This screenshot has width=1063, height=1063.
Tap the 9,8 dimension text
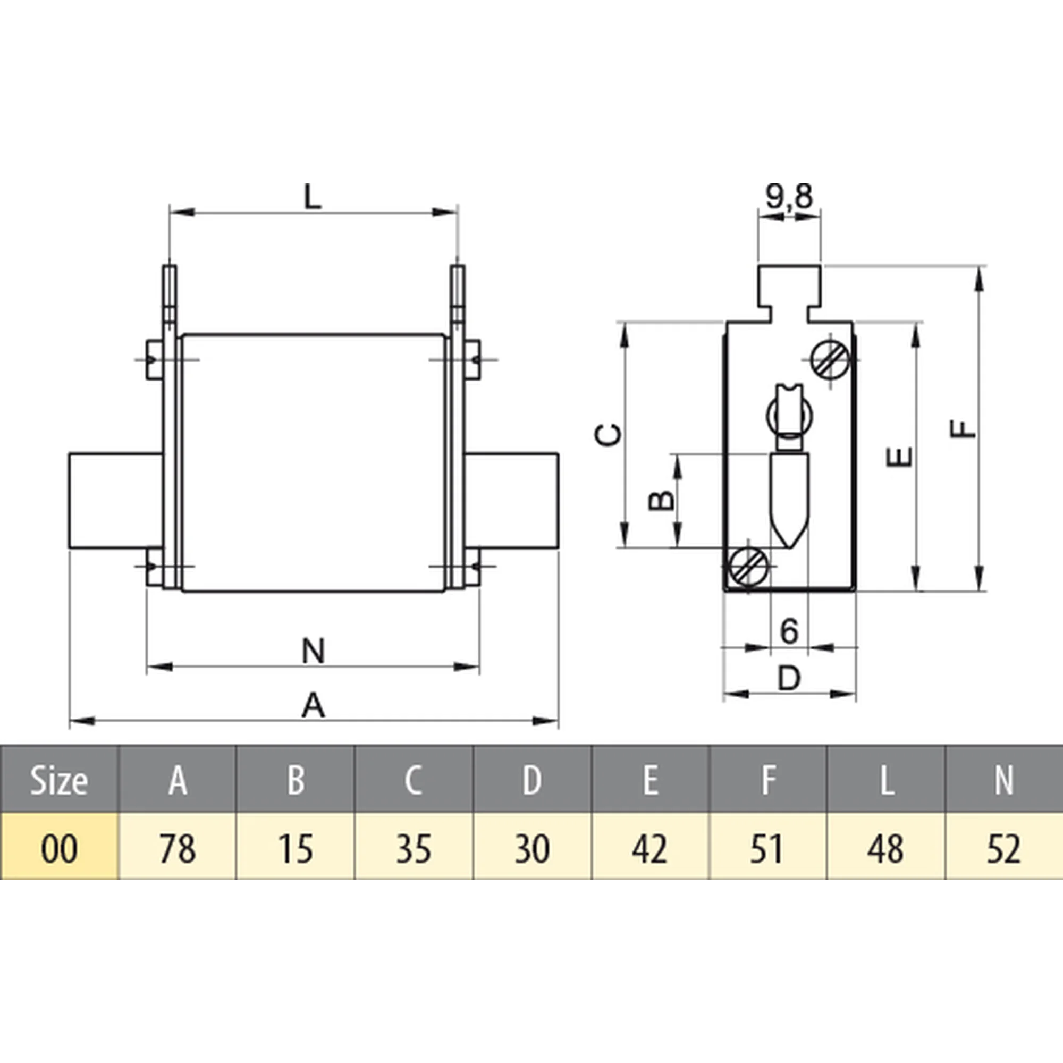click(x=789, y=197)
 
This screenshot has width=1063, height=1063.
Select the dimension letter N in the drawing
click(x=313, y=651)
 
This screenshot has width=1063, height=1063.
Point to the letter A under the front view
click(x=313, y=706)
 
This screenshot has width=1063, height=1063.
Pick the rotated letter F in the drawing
click(x=964, y=428)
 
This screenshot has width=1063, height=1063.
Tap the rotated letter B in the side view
click(x=661, y=500)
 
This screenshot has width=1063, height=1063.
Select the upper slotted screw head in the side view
click(x=830, y=360)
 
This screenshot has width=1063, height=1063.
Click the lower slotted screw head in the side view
click(x=749, y=566)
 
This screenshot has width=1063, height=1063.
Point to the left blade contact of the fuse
click(x=115, y=501)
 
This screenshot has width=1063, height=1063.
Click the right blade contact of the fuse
click(x=512, y=501)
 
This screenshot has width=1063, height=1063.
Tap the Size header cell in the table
click(x=58, y=780)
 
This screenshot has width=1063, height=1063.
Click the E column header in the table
click(x=650, y=780)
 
